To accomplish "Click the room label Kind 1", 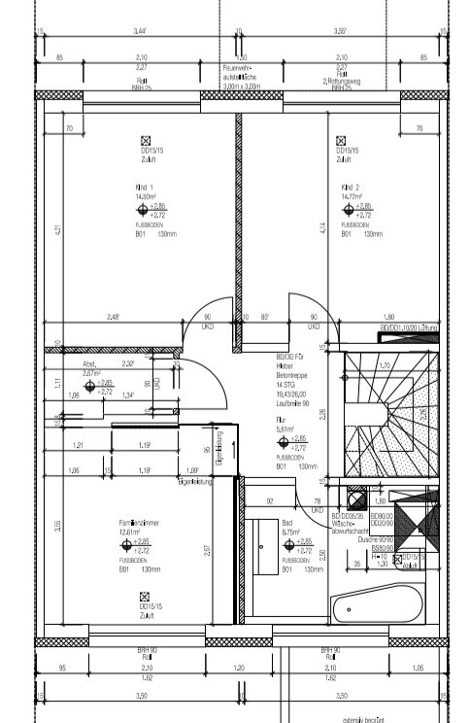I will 145,189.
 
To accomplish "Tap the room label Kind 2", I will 351,188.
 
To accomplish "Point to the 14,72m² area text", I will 352,196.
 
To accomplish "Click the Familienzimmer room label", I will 139,523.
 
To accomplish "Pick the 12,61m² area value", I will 130,532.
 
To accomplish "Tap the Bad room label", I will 284,523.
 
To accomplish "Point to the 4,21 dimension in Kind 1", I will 57,230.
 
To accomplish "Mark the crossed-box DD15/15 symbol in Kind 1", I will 146,140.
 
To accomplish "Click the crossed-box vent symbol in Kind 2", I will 341,140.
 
